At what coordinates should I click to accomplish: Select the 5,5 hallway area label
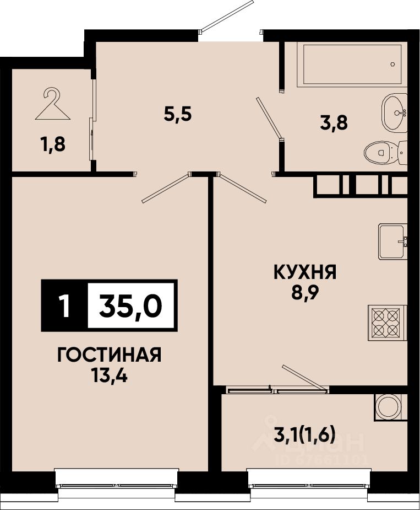point(178,115)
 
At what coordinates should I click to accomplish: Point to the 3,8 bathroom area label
point(334,124)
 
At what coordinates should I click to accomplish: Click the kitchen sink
point(392,241)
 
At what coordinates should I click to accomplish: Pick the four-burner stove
point(387,323)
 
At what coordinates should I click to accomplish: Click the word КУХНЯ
point(305,272)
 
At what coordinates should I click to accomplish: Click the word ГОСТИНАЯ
point(109,355)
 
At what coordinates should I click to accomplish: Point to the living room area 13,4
point(110,376)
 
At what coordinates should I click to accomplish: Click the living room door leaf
point(165,189)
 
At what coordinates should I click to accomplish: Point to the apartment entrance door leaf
point(226,17)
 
